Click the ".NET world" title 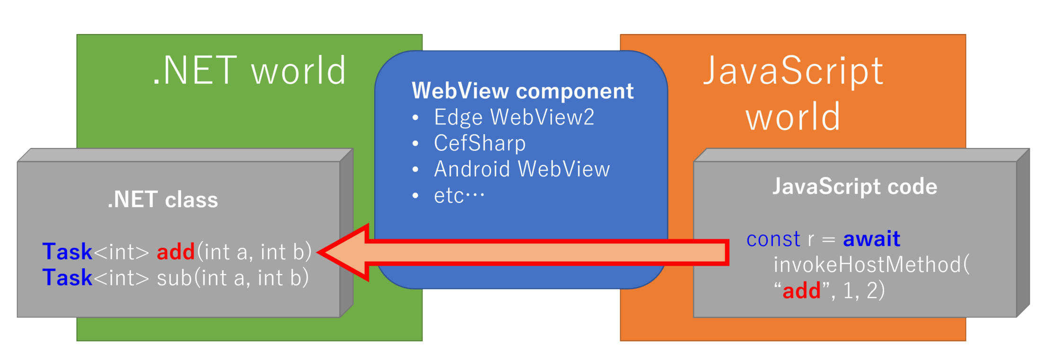[x=249, y=70]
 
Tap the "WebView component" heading [x=522, y=91]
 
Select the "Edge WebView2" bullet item [x=514, y=117]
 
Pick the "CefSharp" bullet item [x=480, y=143]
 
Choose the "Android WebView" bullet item [x=522, y=169]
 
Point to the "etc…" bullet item [x=459, y=195]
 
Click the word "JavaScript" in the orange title [x=793, y=71]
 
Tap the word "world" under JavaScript [x=793, y=116]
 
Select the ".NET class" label [x=163, y=200]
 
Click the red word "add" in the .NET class [x=175, y=252]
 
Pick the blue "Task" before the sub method [x=67, y=278]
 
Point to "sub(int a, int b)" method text [x=233, y=278]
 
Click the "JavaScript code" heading [x=854, y=186]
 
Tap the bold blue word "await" [x=871, y=239]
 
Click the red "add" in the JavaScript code [x=801, y=290]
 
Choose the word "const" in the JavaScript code [x=773, y=239]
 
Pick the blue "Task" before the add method [x=67, y=252]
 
